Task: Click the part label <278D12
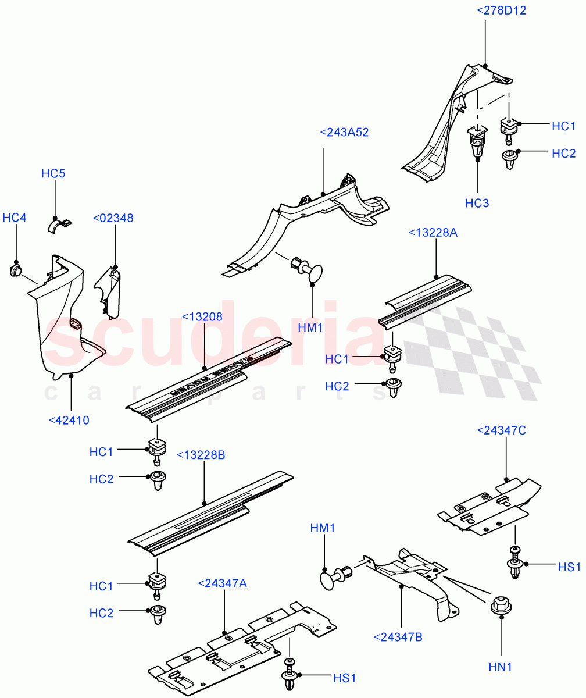[501, 10]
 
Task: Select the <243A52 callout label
[344, 133]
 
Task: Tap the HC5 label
[53, 173]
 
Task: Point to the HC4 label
[15, 218]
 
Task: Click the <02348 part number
[113, 218]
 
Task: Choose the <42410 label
[69, 419]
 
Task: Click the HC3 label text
[477, 203]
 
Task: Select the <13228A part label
[433, 233]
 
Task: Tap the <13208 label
[202, 317]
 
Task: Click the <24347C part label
[501, 430]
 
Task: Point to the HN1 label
[500, 667]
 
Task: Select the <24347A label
[222, 583]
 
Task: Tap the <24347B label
[398, 637]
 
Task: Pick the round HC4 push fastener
[16, 270]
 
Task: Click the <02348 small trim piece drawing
[110, 291]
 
